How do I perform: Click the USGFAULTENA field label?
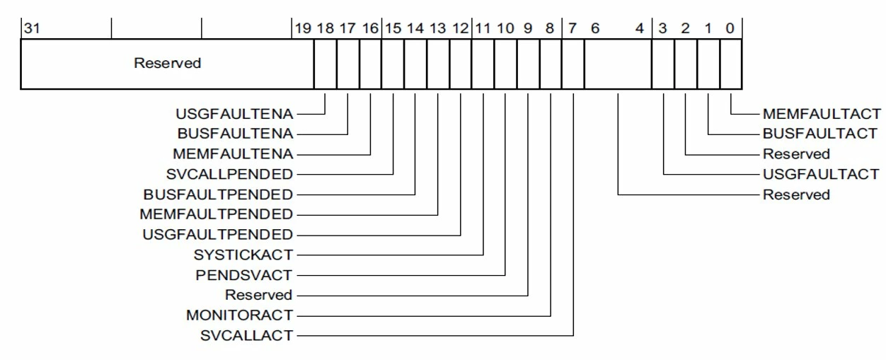(234, 114)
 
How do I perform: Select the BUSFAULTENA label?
(236, 134)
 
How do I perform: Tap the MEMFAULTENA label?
(233, 153)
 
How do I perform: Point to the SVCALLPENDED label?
(229, 174)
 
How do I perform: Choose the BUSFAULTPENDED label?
(218, 194)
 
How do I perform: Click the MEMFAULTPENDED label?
(217, 214)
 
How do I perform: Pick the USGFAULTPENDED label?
(217, 234)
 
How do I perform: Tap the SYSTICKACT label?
(243, 255)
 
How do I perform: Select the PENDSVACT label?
(244, 275)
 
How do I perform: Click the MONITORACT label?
(240, 315)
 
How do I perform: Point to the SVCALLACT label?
(247, 335)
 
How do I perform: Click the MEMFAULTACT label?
(822, 114)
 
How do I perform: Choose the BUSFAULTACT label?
(820, 134)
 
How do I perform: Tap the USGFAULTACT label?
(821, 174)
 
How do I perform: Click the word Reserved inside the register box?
(167, 63)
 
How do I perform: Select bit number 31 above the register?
(32, 28)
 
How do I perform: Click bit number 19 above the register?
(303, 28)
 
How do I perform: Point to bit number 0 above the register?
(730, 28)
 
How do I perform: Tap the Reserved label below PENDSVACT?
(259, 295)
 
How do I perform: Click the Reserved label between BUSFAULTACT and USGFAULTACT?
(796, 153)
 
